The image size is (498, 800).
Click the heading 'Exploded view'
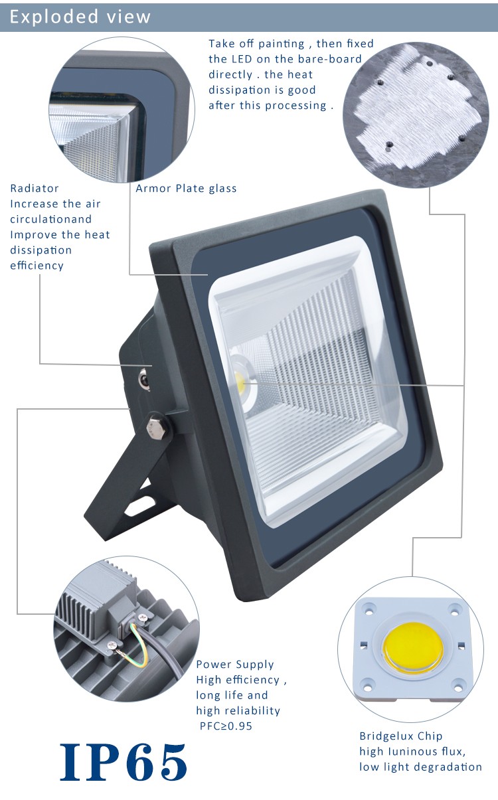point(80,17)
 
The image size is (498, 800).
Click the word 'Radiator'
point(35,188)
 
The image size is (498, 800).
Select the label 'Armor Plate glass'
point(186,188)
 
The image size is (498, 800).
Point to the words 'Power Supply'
point(235,665)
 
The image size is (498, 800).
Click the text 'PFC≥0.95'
point(226,726)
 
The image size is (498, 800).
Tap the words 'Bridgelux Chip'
point(401,736)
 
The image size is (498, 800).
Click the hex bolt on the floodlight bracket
point(157,427)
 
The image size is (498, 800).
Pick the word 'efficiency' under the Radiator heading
point(37,266)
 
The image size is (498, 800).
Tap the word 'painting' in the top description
point(282,44)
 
